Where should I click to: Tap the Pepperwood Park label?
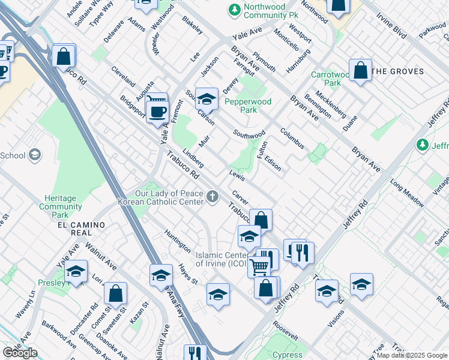click(x=248, y=106)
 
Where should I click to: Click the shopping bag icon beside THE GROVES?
click(x=360, y=70)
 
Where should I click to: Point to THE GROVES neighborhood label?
click(x=398, y=71)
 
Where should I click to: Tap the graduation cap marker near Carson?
click(x=206, y=98)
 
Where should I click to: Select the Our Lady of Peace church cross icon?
click(x=212, y=197)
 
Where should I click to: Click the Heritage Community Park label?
click(x=60, y=206)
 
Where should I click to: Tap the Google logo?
click(x=20, y=353)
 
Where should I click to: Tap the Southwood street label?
click(x=249, y=134)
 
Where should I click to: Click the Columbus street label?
click(x=292, y=137)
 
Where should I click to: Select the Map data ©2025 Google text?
click(x=412, y=355)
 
